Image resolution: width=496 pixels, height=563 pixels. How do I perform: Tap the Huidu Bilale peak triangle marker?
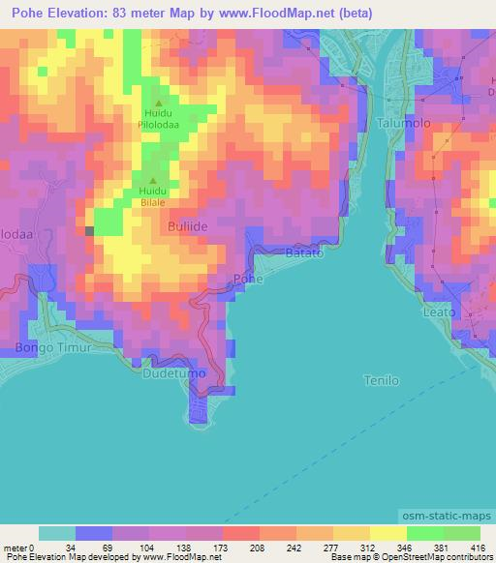coord(151,180)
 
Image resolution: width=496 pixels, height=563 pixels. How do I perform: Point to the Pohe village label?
coord(248,279)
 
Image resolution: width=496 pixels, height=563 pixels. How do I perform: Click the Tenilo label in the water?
coord(381,380)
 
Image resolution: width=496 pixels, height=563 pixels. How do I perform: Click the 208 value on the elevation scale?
coord(240,548)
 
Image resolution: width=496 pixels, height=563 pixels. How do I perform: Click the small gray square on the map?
coord(89,230)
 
